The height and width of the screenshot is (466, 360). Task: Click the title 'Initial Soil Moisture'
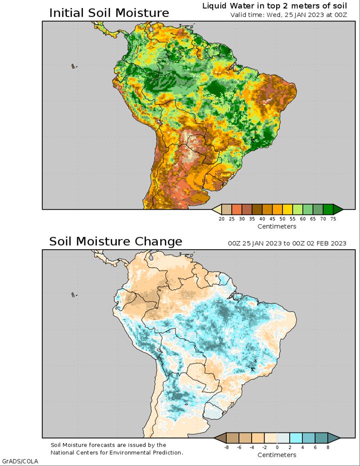(x=109, y=13)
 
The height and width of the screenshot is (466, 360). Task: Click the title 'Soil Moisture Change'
(x=115, y=241)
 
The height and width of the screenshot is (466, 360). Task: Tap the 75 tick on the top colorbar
(x=333, y=219)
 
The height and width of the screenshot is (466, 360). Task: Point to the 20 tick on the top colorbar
(x=222, y=219)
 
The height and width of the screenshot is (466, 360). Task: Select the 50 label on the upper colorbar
(x=283, y=219)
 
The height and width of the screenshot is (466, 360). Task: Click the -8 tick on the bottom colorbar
(x=226, y=448)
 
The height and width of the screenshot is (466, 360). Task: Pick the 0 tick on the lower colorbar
(x=277, y=448)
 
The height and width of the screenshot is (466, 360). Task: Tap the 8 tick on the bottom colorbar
(x=328, y=448)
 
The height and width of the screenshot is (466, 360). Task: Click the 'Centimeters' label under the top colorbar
(x=277, y=226)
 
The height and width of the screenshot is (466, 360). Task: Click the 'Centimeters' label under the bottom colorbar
(x=277, y=455)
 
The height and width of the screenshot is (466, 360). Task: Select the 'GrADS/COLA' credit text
(x=20, y=462)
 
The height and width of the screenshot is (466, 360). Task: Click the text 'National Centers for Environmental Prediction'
(x=116, y=453)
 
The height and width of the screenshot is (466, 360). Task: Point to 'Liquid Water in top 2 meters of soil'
(x=275, y=6)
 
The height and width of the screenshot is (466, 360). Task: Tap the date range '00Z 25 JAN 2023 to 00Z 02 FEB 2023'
(x=287, y=243)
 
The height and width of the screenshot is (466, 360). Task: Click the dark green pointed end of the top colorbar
(x=338, y=209)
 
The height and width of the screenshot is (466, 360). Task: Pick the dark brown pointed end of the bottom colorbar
(x=220, y=438)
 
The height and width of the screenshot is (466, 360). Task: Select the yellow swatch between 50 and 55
(x=288, y=209)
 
